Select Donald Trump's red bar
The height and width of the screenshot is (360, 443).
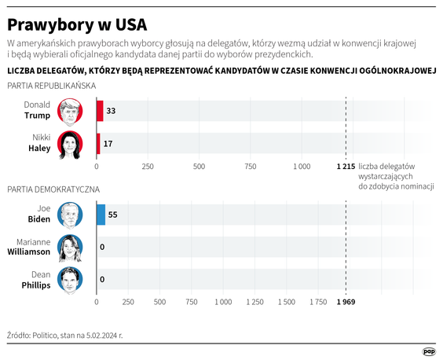[x=100, y=111]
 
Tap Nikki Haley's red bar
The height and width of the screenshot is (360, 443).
[x=98, y=144]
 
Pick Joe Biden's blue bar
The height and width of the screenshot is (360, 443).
[x=101, y=214]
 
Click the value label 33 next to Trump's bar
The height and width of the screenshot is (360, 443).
[x=111, y=112]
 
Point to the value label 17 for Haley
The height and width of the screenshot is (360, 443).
[x=108, y=144]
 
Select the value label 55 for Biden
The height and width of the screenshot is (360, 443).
[x=113, y=214]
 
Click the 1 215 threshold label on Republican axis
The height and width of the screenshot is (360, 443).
[x=345, y=167]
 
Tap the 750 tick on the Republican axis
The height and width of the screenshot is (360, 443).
[x=250, y=167]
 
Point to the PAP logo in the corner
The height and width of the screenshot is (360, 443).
[x=429, y=350]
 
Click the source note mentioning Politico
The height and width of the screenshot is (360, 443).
[x=65, y=335]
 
